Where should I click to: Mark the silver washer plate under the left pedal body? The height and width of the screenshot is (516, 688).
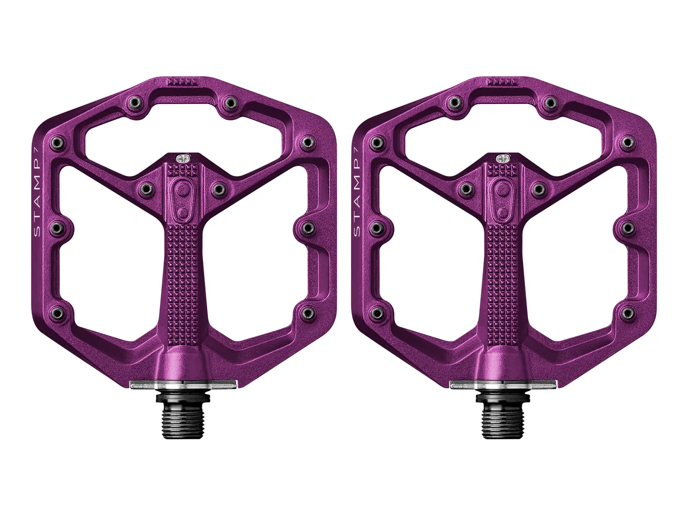click(183, 385)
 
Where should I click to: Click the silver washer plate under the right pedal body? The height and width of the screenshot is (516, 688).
click(504, 385)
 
